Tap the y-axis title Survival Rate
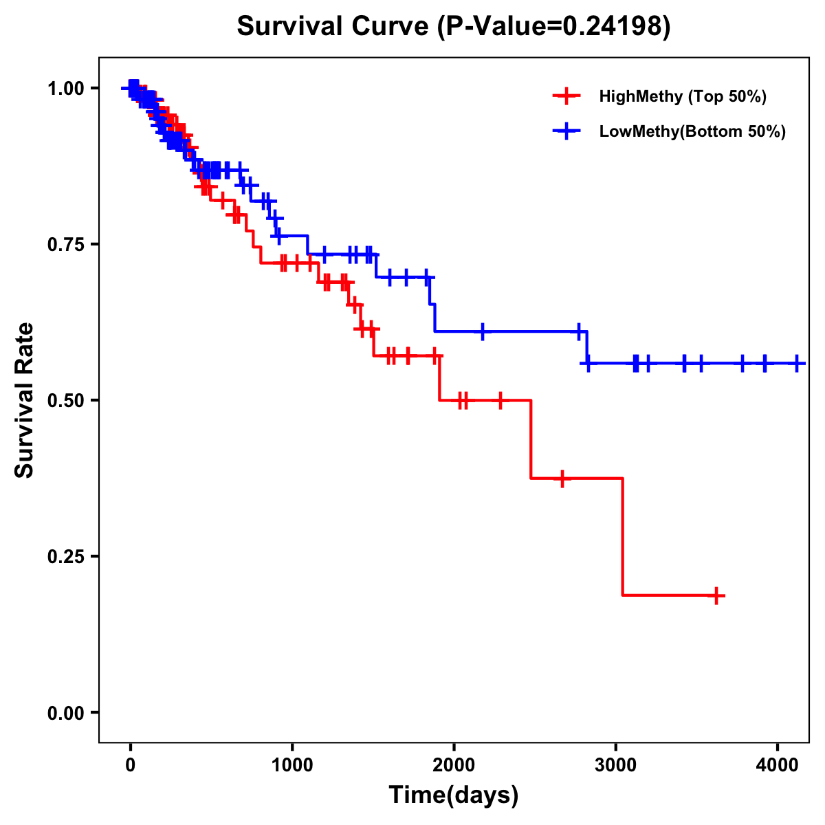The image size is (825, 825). coord(25,399)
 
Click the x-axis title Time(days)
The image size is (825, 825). coord(454,795)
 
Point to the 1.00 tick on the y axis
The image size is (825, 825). coord(66,88)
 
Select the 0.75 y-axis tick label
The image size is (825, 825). coord(66,244)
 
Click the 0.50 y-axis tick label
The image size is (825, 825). coord(66,400)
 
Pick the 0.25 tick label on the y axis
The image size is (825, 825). coord(66,556)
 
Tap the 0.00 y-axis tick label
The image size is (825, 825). coord(66,712)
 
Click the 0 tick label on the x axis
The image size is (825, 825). coord(130,762)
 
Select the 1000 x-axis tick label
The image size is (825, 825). coord(292,762)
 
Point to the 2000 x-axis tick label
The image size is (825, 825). coord(454,762)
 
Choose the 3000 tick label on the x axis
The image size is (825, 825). coord(616,762)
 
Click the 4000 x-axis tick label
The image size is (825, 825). coord(778,762)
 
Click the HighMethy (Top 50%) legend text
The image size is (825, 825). coord(683,96)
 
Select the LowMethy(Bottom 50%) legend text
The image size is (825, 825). coord(692,131)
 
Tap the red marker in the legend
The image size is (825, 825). coord(566,96)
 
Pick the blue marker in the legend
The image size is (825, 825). coord(566,131)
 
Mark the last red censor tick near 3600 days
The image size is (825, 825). coord(716,595)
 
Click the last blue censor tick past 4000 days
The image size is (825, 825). coord(797,363)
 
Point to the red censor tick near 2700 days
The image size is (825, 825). coord(562,478)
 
